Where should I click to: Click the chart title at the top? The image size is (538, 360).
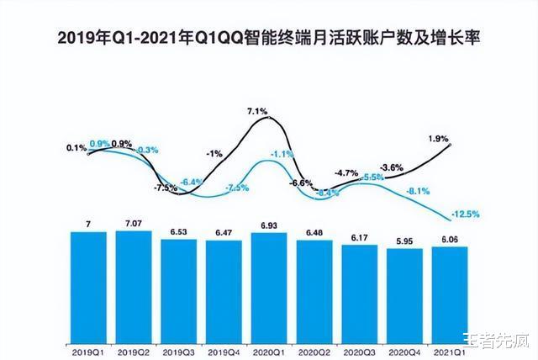point(269,38)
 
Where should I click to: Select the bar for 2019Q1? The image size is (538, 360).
point(88,286)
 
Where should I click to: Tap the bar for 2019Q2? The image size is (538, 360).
point(134,285)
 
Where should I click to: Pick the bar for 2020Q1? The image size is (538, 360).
point(269,287)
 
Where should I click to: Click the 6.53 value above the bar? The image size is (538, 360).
point(178,231)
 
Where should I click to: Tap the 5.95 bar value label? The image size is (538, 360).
point(405,239)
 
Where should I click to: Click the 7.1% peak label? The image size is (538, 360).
point(257,111)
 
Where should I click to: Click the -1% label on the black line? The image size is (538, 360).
point(214,153)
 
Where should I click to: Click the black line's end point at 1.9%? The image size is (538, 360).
point(451,146)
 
